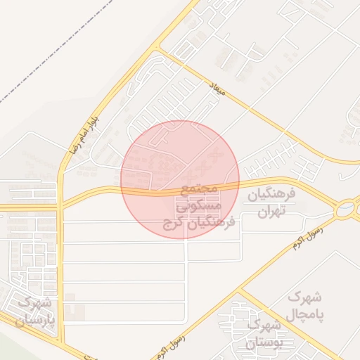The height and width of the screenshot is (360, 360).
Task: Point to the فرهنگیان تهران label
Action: click(x=271, y=202)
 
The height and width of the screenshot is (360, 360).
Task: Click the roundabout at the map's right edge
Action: click(x=345, y=209)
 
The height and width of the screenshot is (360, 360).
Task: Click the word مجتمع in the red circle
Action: click(x=201, y=190)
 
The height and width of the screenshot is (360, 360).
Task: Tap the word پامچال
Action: click(x=305, y=314)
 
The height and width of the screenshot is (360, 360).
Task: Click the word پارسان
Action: click(x=33, y=320)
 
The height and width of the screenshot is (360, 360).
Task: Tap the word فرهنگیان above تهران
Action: click(x=271, y=193)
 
